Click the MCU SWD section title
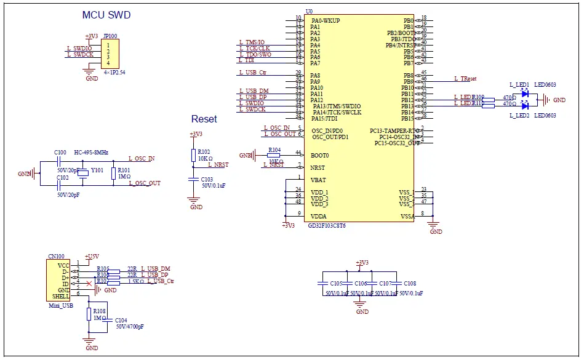pyautogui.click(x=106, y=15)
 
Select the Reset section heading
pyautogui.click(x=204, y=119)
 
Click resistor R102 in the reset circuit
pyautogui.click(x=193, y=155)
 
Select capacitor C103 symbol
pyautogui.click(x=194, y=179)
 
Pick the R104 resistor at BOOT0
pyautogui.click(x=274, y=156)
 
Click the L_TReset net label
pyautogui.click(x=465, y=79)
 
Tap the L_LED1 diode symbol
pyautogui.click(x=524, y=95)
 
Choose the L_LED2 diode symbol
pyautogui.click(x=524, y=105)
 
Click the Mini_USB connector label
pyautogui.click(x=60, y=305)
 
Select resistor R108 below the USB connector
pyautogui.click(x=89, y=314)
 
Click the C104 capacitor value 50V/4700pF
pyautogui.click(x=130, y=327)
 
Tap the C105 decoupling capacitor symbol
pyautogui.click(x=321, y=283)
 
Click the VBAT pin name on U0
pyautogui.click(x=319, y=180)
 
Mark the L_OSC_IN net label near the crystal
pyautogui.click(x=142, y=159)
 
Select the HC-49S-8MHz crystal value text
pyautogui.click(x=91, y=152)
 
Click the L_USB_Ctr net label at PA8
pyautogui.click(x=252, y=73)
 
